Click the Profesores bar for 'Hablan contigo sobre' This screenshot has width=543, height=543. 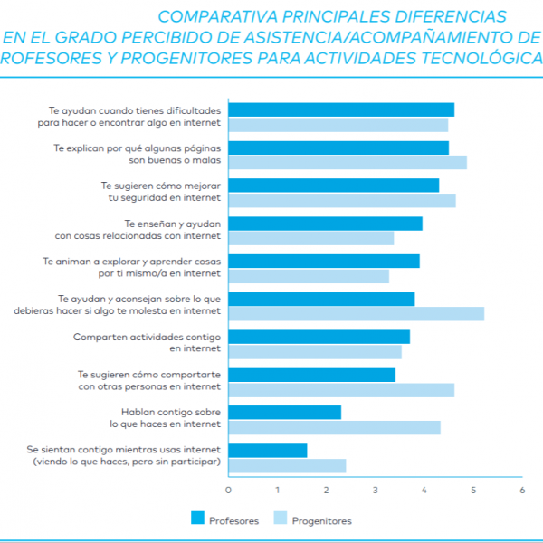[284, 413]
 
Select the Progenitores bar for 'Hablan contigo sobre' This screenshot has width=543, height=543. [334, 427]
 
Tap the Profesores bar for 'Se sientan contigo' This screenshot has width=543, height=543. [267, 451]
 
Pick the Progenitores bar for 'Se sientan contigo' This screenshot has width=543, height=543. [287, 465]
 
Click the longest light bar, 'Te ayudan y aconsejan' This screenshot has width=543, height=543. [356, 314]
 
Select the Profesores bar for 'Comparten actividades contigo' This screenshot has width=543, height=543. [319, 337]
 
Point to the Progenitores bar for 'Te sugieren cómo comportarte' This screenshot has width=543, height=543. [341, 390]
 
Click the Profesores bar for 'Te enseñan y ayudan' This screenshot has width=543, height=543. [325, 224]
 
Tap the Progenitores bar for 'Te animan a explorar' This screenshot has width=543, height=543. [309, 276]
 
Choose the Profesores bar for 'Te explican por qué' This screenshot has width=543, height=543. [338, 148]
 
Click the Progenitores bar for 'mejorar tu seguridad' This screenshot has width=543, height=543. [342, 200]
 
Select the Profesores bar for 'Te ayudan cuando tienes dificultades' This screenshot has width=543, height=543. [341, 110]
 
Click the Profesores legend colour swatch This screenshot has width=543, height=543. [197, 519]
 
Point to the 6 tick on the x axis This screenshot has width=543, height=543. [522, 490]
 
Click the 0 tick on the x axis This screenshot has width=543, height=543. [228, 490]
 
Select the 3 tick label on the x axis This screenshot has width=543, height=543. [376, 490]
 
